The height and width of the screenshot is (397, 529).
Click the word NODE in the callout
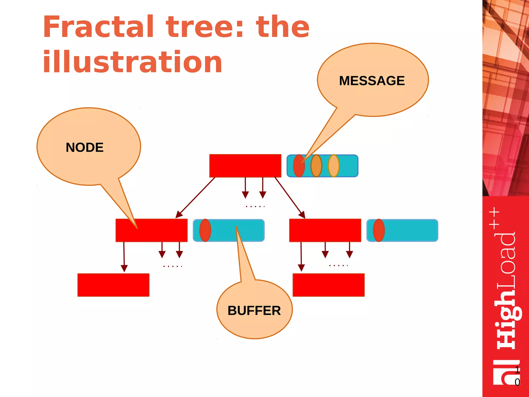[x=84, y=147]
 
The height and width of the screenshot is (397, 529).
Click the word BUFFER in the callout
[x=254, y=310]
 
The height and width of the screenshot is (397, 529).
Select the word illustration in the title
[x=132, y=62]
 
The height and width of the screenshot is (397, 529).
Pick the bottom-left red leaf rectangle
[x=113, y=285]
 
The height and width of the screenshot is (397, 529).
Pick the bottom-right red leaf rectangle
[x=328, y=285]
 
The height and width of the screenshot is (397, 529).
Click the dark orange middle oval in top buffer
[x=316, y=166]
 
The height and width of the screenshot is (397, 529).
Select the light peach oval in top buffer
[x=333, y=166]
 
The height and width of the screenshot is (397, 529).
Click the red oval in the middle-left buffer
[x=205, y=230]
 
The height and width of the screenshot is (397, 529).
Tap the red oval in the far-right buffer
[x=379, y=230]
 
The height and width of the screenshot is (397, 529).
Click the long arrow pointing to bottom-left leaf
[x=124, y=256]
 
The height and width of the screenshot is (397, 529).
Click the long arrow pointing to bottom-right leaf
[x=301, y=256]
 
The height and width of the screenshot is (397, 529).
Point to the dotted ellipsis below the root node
[x=255, y=207]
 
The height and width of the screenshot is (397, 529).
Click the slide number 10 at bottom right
[x=517, y=376]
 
